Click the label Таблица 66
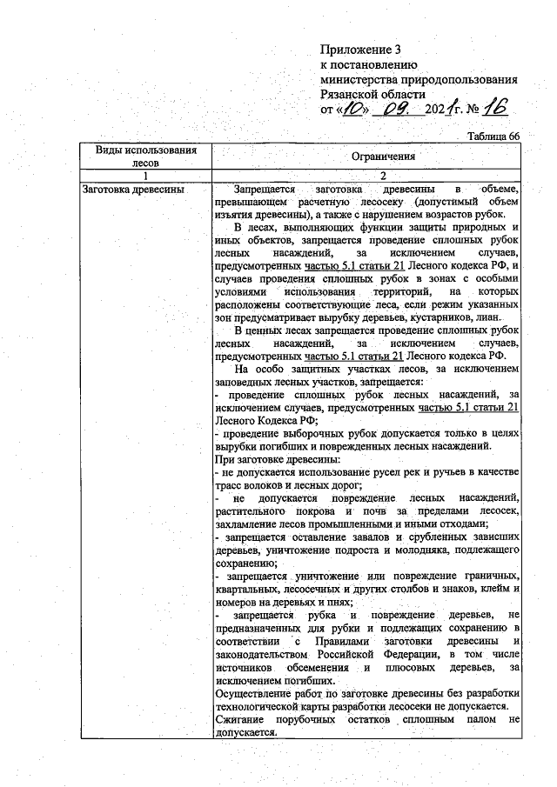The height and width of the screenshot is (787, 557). click(493, 136)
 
